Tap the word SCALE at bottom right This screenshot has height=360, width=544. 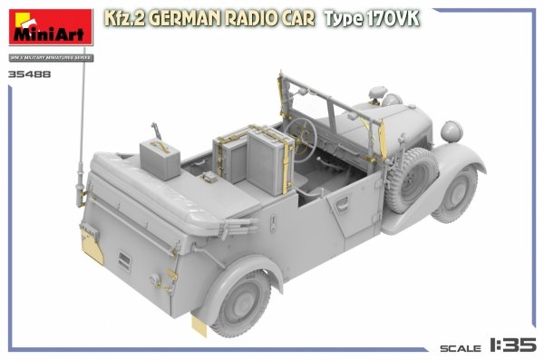pyautogui.click(x=460, y=347)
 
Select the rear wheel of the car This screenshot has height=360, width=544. pyautogui.click(x=241, y=297)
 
